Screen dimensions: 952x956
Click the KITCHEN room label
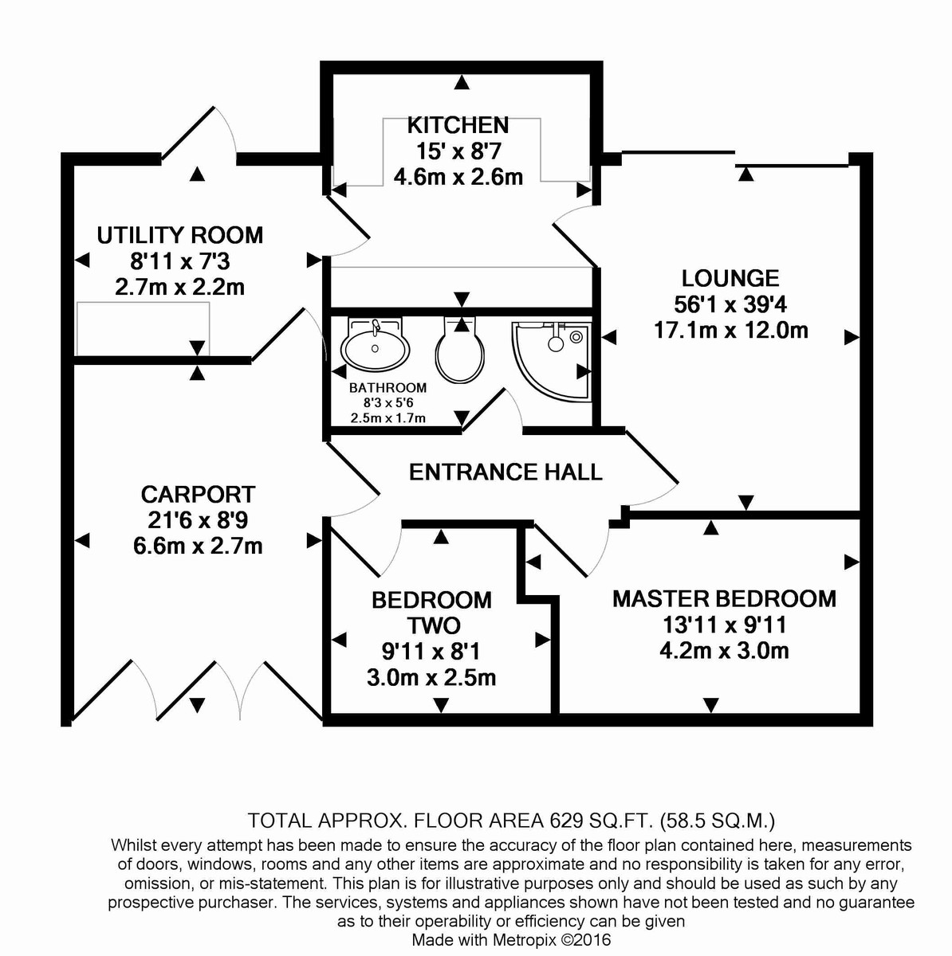coord(458,125)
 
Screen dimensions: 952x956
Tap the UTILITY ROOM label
coord(179,235)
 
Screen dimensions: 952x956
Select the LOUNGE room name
coord(730,278)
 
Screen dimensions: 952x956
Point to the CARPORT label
coord(198,494)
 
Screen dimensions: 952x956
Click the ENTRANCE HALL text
coord(506,472)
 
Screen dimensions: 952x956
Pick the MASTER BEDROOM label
coord(724,598)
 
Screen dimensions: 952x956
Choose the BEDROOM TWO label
coord(431,612)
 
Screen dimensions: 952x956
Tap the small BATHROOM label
coord(387,388)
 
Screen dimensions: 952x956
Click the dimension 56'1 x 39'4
coord(730,304)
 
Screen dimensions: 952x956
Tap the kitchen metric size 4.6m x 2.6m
coord(458,176)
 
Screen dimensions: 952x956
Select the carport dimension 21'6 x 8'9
coord(198,520)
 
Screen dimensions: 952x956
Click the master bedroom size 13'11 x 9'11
coord(724,625)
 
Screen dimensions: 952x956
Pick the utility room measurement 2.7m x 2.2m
coord(179,287)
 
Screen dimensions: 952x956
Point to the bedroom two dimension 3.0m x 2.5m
coord(431,677)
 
